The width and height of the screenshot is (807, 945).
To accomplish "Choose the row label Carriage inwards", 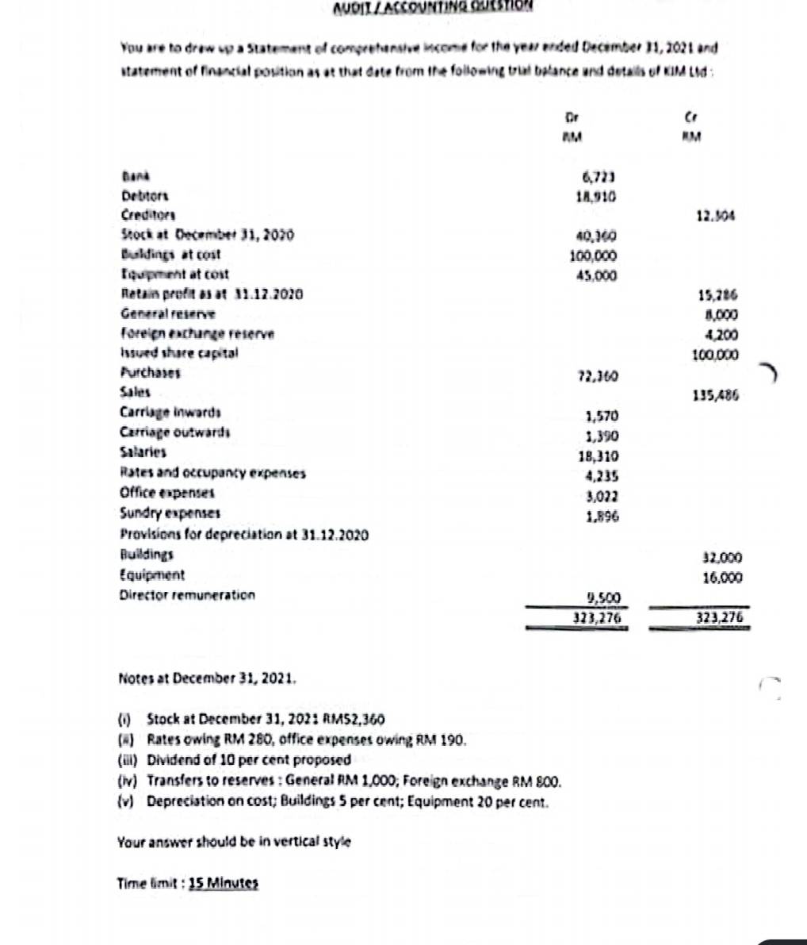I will (170, 413).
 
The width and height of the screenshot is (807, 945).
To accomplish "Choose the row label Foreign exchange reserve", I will (197, 333).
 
